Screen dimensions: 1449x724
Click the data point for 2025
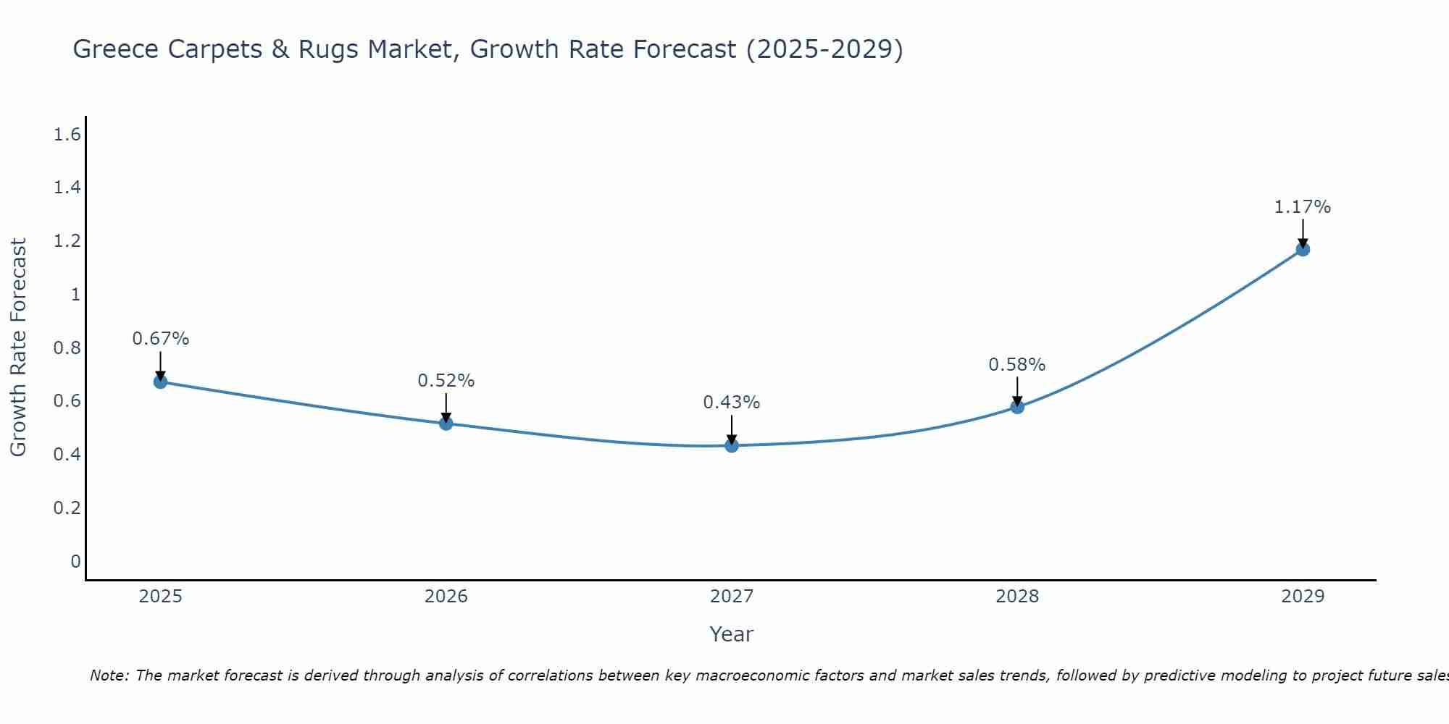tap(160, 382)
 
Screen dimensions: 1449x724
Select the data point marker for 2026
tap(446, 424)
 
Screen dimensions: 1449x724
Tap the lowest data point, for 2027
tap(732, 445)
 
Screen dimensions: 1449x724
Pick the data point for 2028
tap(1017, 407)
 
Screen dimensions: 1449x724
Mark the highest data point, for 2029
tap(1303, 250)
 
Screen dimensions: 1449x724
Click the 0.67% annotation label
tap(161, 339)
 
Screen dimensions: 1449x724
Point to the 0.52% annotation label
tap(446, 381)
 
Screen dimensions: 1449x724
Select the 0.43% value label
tap(732, 403)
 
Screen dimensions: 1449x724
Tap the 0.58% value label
tap(1017, 365)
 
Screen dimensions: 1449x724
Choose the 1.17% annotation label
tap(1303, 207)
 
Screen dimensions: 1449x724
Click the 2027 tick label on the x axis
tap(732, 597)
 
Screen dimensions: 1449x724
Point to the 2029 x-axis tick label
tap(1303, 597)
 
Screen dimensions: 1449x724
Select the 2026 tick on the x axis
tap(446, 597)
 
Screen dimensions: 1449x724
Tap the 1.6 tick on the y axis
tap(67, 135)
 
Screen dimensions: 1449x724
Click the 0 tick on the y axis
tap(75, 562)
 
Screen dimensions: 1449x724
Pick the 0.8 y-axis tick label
tap(67, 348)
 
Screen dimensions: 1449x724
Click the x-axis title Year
tap(732, 634)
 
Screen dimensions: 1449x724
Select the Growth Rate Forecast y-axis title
tap(18, 348)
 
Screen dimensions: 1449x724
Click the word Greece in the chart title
tap(117, 49)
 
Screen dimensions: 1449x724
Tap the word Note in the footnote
tap(109, 675)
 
